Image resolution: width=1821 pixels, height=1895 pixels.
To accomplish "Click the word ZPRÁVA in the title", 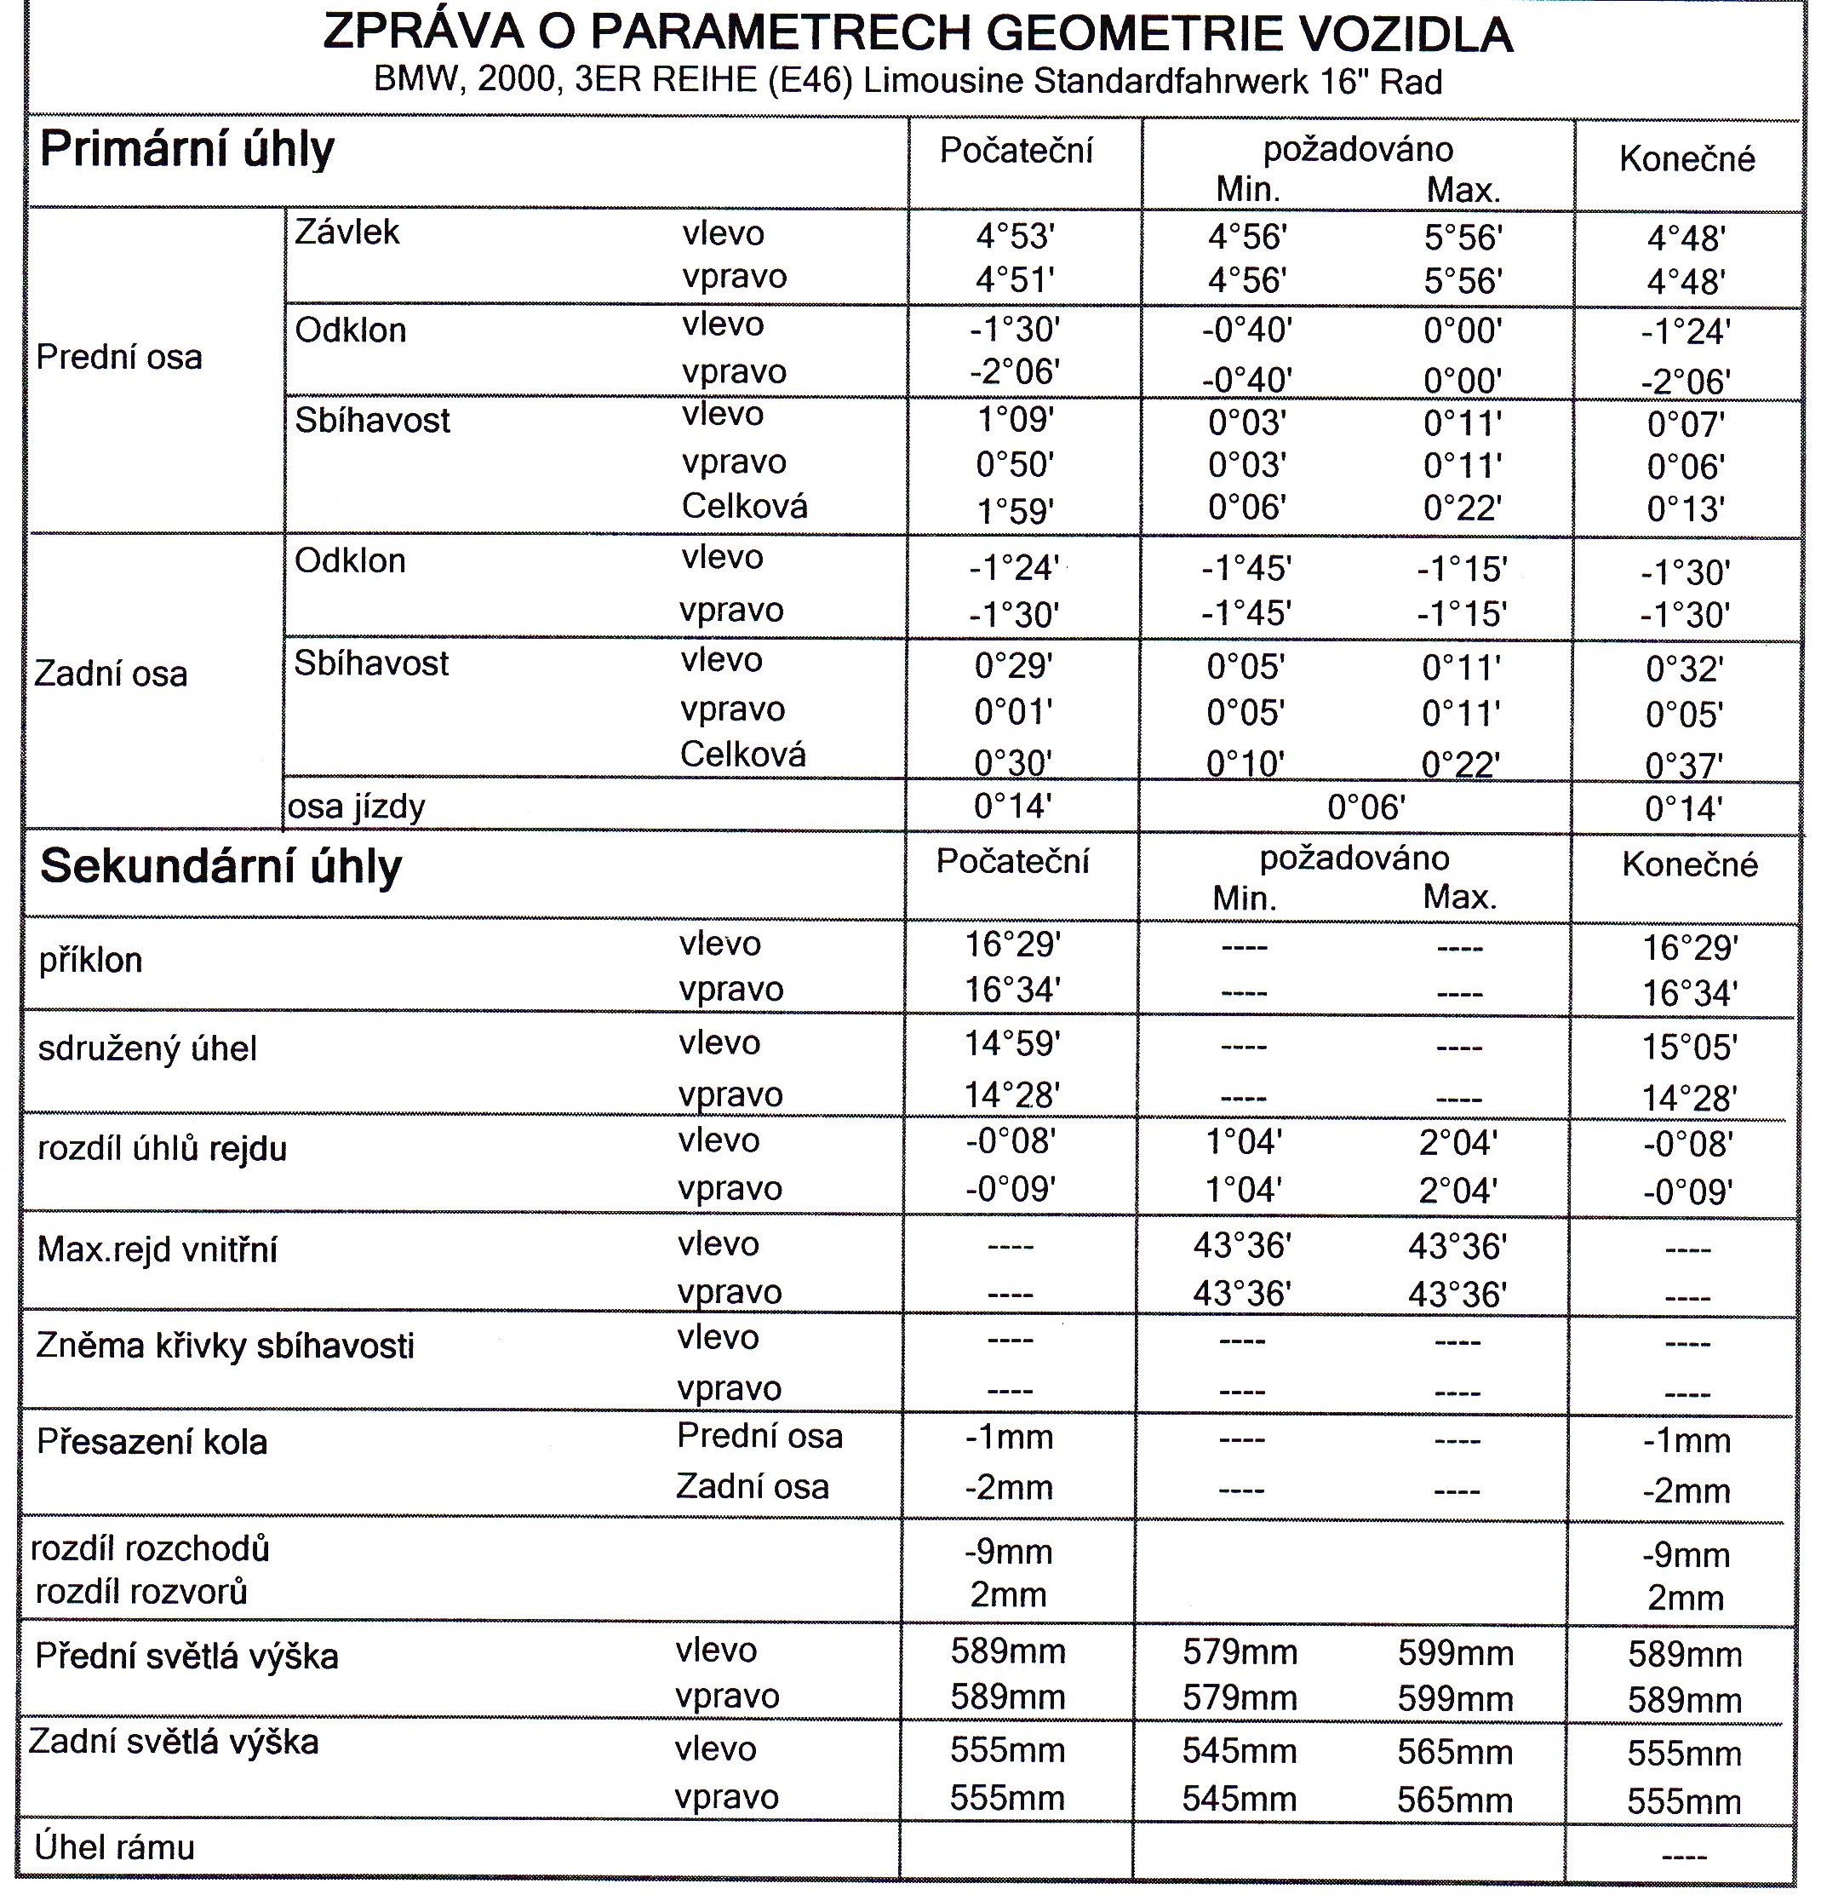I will (422, 33).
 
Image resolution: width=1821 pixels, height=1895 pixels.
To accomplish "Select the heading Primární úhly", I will (186, 150).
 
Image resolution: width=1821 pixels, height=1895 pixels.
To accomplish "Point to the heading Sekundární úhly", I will (220, 866).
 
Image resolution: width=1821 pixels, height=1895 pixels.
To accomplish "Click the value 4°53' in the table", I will (1014, 237).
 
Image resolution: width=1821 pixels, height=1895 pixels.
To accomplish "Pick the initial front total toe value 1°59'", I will (1014, 509).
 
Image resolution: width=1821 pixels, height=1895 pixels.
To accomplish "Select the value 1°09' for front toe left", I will (1014, 421).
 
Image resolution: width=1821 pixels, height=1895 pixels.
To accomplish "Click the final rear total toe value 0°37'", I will (1684, 766).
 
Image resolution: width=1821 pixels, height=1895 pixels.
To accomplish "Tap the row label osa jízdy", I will (357, 807).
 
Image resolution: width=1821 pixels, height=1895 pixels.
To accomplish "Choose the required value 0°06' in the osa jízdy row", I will (1365, 807).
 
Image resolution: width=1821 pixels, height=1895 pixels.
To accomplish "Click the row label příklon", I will (91, 961).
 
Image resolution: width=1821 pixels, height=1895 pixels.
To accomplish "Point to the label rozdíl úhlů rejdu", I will (163, 1150).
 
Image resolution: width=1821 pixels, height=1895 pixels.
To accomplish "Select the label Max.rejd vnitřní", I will (157, 1250).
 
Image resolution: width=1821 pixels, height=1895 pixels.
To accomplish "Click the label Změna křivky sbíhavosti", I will (226, 1346).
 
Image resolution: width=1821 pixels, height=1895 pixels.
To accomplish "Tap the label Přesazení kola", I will (152, 1443).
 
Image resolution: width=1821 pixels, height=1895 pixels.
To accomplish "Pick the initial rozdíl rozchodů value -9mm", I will (1008, 1552).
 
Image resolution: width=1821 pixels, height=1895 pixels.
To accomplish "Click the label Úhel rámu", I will (114, 1847).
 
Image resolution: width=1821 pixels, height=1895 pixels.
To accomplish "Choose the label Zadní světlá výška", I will (174, 1743).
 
